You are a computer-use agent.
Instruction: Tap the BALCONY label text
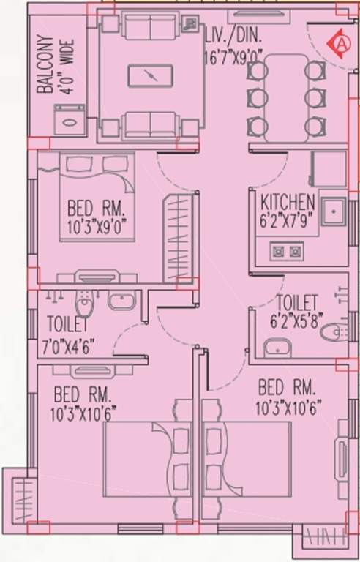(x=45, y=66)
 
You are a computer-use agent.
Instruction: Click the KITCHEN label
(x=288, y=201)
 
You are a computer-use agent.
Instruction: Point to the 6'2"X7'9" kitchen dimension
(x=288, y=217)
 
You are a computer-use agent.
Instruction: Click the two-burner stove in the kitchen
(x=287, y=252)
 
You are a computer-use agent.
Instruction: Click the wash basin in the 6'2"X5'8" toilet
(x=277, y=348)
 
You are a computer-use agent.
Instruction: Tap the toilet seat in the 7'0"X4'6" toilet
(x=86, y=300)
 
